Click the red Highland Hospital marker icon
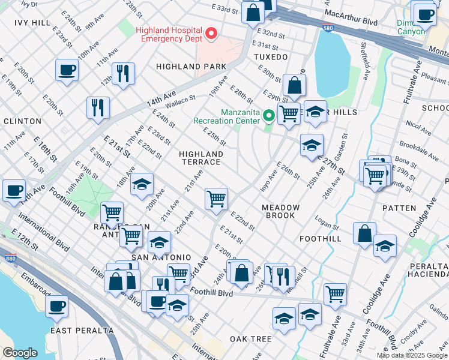tap(211, 34)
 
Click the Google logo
tap(20, 353)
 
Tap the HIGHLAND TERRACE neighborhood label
tap(201, 158)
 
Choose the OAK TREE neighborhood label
tap(251, 339)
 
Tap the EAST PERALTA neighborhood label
tap(82, 331)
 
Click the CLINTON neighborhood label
tap(22, 121)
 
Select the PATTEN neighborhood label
tap(399, 208)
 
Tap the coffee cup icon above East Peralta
tap(57, 306)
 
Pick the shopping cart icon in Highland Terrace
tap(216, 199)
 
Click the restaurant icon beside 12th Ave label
tap(123, 73)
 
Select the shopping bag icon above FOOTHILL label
tap(364, 233)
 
